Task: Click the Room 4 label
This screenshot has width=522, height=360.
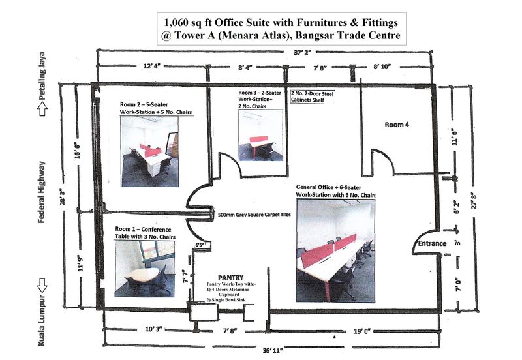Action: tap(397, 125)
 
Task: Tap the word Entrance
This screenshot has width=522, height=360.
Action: tap(432, 243)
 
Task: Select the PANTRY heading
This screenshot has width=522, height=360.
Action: tap(231, 277)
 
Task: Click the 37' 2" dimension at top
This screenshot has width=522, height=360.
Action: tap(302, 53)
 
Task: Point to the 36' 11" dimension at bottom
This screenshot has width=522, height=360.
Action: tap(273, 350)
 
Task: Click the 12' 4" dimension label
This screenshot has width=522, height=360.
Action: tap(152, 66)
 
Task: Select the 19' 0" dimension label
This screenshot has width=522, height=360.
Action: tap(362, 331)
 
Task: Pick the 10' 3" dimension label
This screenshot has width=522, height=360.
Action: tap(153, 329)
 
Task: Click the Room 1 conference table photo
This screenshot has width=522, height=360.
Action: tap(145, 269)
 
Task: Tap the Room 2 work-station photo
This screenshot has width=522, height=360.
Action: tap(149, 151)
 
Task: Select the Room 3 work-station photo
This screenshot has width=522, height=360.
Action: tap(260, 135)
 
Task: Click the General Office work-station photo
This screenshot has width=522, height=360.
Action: tap(335, 250)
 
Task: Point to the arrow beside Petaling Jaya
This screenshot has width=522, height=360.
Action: tap(42, 110)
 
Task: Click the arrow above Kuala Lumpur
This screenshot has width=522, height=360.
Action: tap(42, 286)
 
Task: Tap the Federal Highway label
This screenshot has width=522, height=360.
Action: tap(42, 192)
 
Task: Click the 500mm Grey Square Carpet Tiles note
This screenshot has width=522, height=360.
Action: tap(254, 215)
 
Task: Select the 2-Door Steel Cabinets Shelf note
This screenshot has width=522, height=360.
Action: tap(312, 97)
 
